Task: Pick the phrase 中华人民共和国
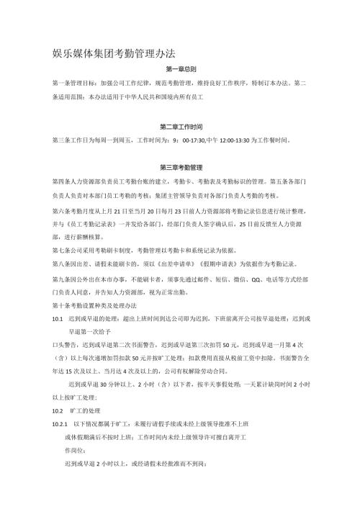pyautogui.click(x=153, y=99)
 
